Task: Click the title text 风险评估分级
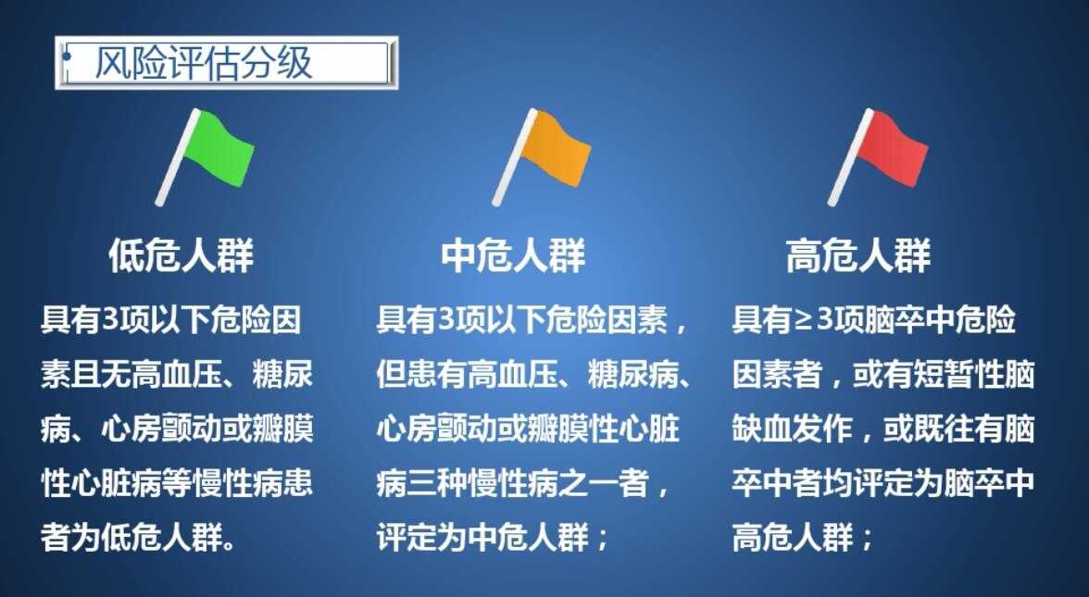click(204, 63)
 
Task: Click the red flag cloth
click(891, 148)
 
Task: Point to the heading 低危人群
click(181, 256)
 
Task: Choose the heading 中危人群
click(514, 256)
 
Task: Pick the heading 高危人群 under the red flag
click(858, 256)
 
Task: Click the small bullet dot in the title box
click(66, 57)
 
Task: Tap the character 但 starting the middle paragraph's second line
click(390, 376)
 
